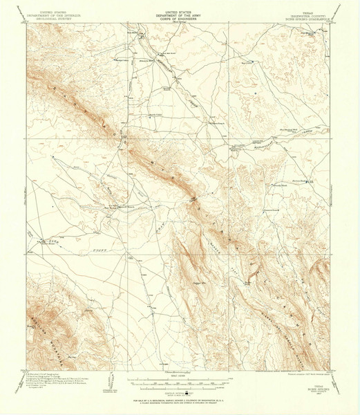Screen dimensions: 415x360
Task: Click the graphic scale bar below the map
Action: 180,380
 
